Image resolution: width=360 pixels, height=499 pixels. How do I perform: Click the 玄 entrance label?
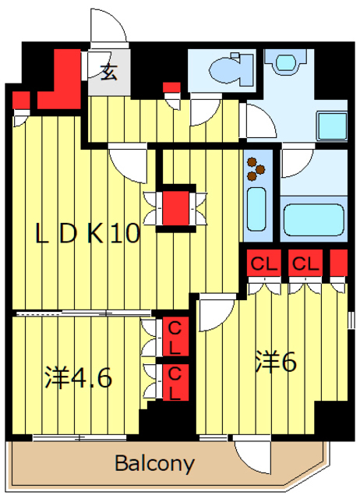(x=108, y=75)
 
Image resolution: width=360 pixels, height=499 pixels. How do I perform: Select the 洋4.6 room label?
(x=78, y=377)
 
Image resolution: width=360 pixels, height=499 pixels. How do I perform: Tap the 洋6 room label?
(x=277, y=363)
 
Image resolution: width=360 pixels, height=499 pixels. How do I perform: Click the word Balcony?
(x=155, y=464)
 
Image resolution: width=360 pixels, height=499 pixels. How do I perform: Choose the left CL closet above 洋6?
(x=263, y=263)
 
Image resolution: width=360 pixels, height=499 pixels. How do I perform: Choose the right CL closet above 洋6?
(x=305, y=263)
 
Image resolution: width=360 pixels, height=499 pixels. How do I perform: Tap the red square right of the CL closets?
(x=338, y=263)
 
